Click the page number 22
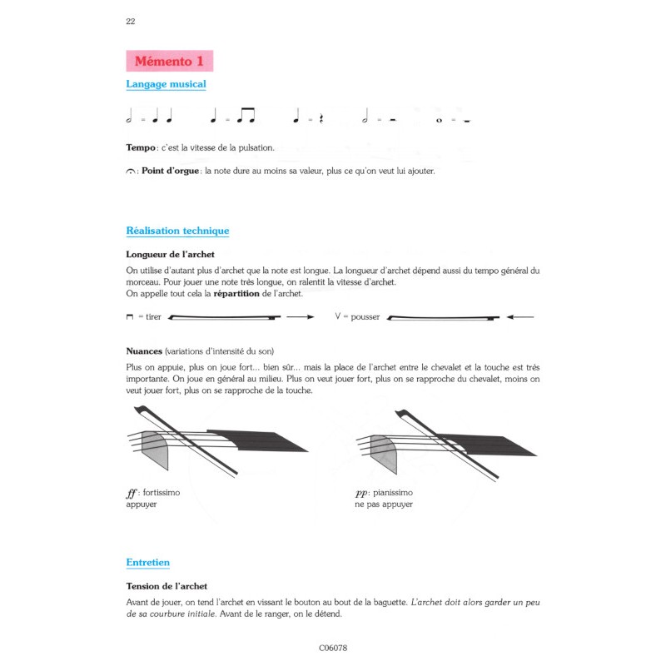pyautogui.click(x=131, y=21)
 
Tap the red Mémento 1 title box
pyautogui.click(x=169, y=61)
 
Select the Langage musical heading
pyautogui.click(x=166, y=84)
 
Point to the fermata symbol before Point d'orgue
pyautogui.click(x=131, y=171)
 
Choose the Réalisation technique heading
pyautogui.click(x=177, y=231)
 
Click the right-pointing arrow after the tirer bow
pyautogui.click(x=299, y=317)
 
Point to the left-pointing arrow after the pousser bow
pyautogui.click(x=520, y=317)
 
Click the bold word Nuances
pyautogui.click(x=144, y=351)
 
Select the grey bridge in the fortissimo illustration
pyautogui.click(x=156, y=449)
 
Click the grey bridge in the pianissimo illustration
pyautogui.click(x=382, y=450)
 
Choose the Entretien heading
pyautogui.click(x=147, y=563)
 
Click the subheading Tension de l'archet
pyautogui.click(x=166, y=586)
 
